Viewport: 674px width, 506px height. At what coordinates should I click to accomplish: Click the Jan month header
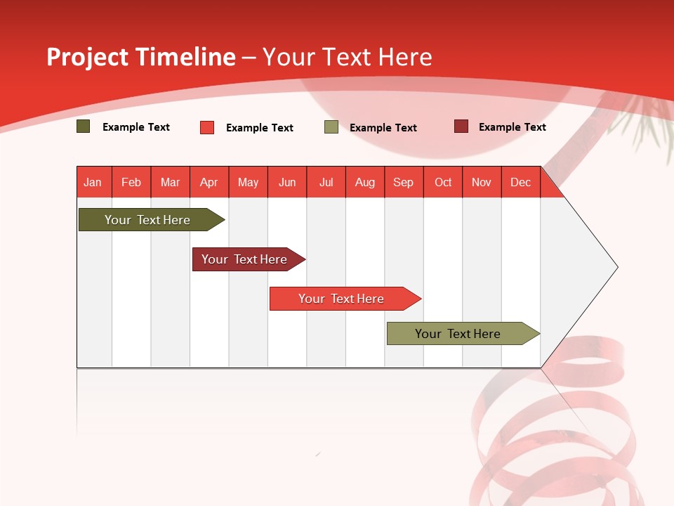(93, 182)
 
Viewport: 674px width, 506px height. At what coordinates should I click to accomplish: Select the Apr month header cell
(209, 182)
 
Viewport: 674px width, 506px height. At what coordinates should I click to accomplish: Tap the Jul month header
(326, 182)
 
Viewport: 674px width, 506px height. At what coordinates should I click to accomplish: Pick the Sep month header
(404, 182)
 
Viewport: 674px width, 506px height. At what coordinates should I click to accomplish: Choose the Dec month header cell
(520, 182)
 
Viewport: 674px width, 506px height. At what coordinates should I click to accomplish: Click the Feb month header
(131, 182)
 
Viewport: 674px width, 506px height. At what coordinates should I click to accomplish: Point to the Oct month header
(443, 182)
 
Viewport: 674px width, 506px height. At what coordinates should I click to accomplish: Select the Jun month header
(287, 182)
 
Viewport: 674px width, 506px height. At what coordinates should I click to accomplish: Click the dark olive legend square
(84, 126)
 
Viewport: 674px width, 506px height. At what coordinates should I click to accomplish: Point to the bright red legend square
(207, 127)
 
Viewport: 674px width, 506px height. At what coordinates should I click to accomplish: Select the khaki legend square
(331, 127)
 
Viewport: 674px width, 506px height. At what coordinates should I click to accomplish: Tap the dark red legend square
(461, 126)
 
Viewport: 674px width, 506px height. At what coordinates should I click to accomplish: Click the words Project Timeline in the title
(141, 57)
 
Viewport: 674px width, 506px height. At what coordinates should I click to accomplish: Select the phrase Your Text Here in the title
(347, 57)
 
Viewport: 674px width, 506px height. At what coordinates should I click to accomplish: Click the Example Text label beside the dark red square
(512, 127)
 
